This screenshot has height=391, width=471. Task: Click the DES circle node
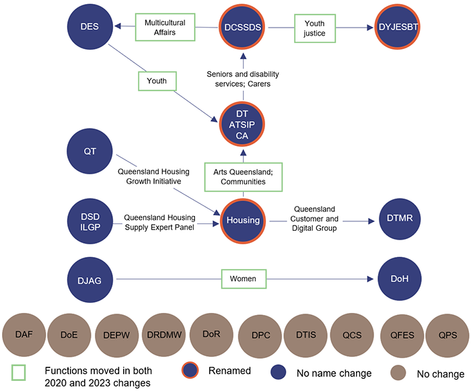pyautogui.click(x=89, y=27)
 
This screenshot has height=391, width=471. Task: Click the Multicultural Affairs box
pyautogui.click(x=165, y=27)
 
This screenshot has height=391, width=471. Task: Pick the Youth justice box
pyautogui.click(x=314, y=28)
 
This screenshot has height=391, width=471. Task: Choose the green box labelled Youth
pyautogui.click(x=157, y=81)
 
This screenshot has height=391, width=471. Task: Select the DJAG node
pyautogui.click(x=89, y=279)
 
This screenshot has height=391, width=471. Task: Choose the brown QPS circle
pyautogui.click(x=446, y=332)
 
